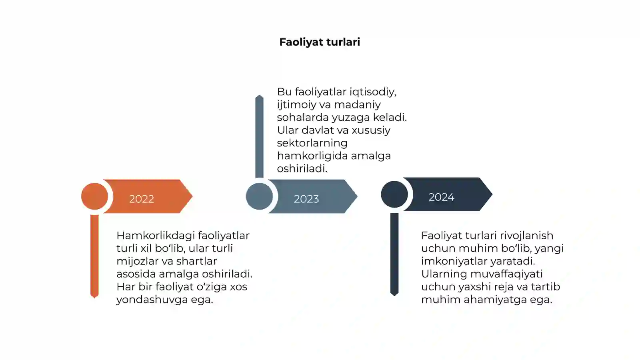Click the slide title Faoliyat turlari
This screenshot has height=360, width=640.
click(x=320, y=42)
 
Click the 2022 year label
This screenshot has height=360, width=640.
click(x=142, y=199)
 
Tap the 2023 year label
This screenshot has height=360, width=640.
click(x=306, y=199)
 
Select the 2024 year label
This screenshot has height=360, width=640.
click(x=442, y=197)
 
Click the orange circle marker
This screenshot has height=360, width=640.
click(x=94, y=196)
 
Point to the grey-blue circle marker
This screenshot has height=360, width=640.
click(x=260, y=196)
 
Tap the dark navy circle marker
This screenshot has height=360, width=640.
click(x=394, y=194)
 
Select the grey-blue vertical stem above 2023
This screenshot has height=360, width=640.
click(x=260, y=136)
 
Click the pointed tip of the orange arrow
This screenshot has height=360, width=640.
click(x=192, y=196)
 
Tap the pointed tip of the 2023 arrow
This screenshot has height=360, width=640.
click(x=357, y=196)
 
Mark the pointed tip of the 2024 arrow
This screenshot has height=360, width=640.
click(x=492, y=194)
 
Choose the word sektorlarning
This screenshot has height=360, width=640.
click(x=312, y=143)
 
